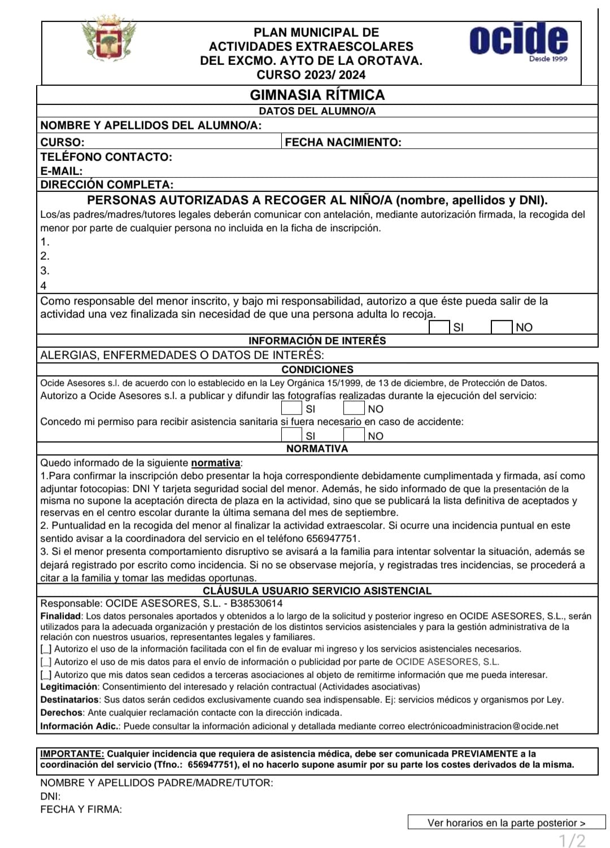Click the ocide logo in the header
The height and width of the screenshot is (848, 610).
[518, 41]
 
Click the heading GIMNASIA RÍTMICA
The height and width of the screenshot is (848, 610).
[317, 95]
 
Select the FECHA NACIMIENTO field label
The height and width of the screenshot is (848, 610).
[343, 142]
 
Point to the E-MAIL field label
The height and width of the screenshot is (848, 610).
[61, 171]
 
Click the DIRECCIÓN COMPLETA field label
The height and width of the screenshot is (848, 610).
[107, 185]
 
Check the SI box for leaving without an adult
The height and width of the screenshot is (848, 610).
[439, 327]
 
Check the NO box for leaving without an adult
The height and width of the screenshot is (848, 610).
[501, 327]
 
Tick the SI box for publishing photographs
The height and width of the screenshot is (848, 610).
[291, 408]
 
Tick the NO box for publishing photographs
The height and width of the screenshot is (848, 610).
[354, 408]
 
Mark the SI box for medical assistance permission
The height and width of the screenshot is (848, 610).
[291, 435]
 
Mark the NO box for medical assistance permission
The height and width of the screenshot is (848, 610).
[354, 435]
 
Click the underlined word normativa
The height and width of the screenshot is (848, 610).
[216, 463]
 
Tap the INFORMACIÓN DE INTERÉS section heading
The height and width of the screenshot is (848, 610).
[317, 341]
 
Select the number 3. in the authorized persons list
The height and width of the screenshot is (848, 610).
[45, 270]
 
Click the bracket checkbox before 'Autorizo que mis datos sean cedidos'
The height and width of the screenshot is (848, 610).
[46, 675]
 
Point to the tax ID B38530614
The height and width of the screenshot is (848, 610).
[256, 604]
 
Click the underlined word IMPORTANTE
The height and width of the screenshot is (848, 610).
[72, 754]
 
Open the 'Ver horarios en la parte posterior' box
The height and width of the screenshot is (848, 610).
[506, 823]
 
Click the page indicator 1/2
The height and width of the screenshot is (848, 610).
[572, 840]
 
